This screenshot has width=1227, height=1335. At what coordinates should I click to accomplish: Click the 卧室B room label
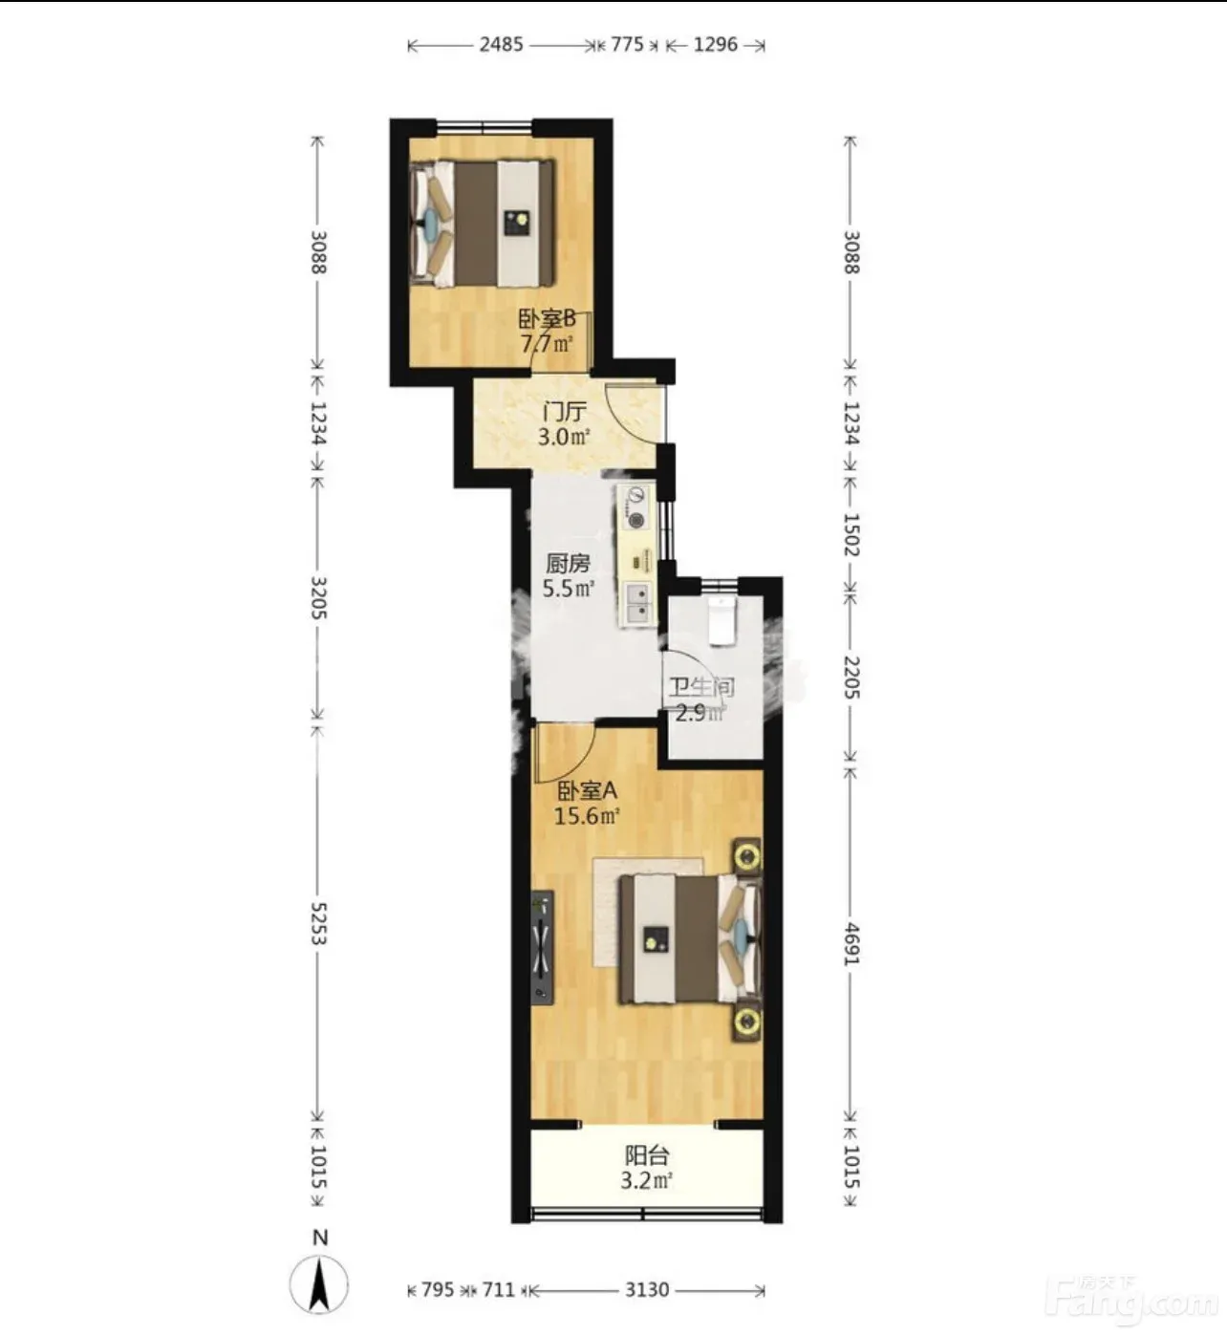coord(547,319)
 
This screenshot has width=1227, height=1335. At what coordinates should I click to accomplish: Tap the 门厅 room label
coord(565,412)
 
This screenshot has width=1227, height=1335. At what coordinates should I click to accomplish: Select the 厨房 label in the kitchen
coord(568,564)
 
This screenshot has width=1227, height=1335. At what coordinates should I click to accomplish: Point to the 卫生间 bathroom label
coord(701,687)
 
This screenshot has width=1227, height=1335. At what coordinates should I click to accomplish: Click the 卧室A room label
coord(587,790)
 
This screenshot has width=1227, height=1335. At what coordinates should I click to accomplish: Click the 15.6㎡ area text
coord(587,815)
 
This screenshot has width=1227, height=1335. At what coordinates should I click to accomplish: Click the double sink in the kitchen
coord(638,603)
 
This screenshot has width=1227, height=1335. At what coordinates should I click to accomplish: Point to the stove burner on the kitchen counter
coord(637,521)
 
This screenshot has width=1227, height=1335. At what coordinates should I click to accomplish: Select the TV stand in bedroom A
coord(542,947)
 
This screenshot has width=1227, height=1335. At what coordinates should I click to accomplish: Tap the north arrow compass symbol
coord(319,1284)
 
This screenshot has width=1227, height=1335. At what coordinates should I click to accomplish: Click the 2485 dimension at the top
coord(502,45)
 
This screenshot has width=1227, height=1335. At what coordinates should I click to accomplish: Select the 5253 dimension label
coord(318,924)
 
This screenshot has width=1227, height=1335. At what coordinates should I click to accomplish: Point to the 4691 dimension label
coord(850,944)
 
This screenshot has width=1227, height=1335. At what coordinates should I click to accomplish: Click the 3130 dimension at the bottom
coord(646,1290)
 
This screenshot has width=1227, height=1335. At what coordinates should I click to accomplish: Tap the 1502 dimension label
coord(850,534)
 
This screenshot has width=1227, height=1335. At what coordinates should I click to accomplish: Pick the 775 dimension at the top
coord(627,45)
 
